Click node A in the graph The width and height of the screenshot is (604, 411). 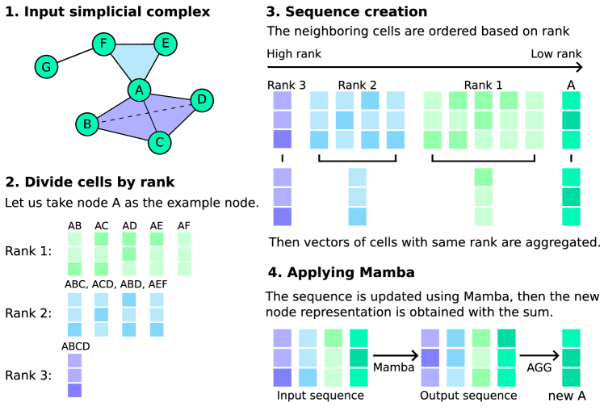(x=139, y=90)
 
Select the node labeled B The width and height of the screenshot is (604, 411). (x=87, y=124)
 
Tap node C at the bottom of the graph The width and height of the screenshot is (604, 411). (x=159, y=143)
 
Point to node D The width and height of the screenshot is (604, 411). (x=202, y=100)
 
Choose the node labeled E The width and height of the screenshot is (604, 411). (x=166, y=44)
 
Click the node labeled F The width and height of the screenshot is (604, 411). (x=103, y=44)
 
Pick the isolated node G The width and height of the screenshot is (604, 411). (x=46, y=67)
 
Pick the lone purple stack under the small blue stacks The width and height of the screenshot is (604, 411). (x=74, y=375)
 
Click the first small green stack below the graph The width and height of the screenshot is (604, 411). (x=74, y=254)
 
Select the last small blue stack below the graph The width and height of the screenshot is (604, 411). (x=157, y=315)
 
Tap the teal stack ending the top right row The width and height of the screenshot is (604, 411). (x=571, y=120)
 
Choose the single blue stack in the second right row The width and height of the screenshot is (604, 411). (x=358, y=197)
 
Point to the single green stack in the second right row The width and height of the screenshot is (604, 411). (x=484, y=197)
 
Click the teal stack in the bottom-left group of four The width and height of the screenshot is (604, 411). (x=359, y=358)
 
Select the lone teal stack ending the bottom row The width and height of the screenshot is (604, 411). (x=571, y=358)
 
